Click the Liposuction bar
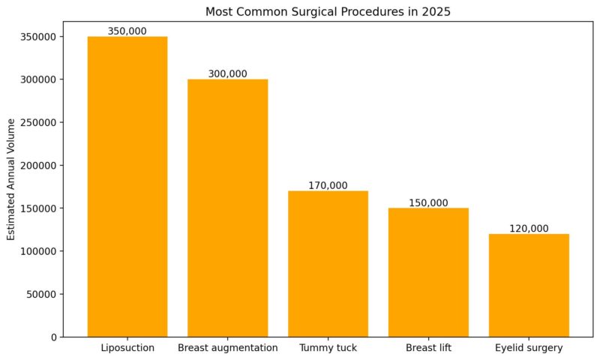tap(127, 187)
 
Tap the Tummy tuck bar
tap(328, 263)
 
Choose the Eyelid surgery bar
tap(529, 285)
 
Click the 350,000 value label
tap(127, 31)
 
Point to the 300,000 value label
tap(227, 73)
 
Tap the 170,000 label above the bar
tap(328, 185)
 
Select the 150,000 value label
tap(428, 202)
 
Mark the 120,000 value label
tap(529, 228)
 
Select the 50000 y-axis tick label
tap(40, 294)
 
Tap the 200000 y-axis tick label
tap(37, 165)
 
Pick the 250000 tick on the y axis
tap(37, 122)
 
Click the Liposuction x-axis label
tap(127, 348)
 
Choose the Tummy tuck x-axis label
tap(328, 348)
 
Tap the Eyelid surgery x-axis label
tap(529, 348)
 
